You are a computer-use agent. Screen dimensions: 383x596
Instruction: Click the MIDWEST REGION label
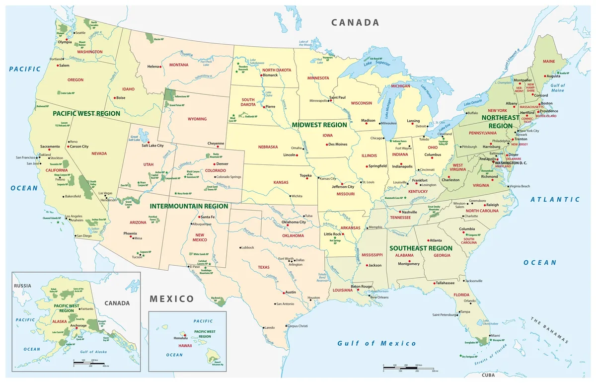(318, 125)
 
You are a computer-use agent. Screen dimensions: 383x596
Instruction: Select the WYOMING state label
(197, 119)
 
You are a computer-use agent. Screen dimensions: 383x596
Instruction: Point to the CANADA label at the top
(355, 22)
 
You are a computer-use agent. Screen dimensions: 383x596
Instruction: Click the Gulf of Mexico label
(376, 343)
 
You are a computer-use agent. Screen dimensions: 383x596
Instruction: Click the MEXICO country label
(172, 299)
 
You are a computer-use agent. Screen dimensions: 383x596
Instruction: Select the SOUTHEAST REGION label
(421, 248)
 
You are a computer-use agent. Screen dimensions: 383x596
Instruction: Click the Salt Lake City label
(152, 146)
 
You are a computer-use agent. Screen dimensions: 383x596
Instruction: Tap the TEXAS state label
(263, 267)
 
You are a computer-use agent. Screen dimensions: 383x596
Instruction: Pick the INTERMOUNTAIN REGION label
(189, 206)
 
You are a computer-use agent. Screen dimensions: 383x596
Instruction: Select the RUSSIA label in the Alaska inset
(22, 286)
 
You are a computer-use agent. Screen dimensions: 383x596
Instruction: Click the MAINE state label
(548, 61)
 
